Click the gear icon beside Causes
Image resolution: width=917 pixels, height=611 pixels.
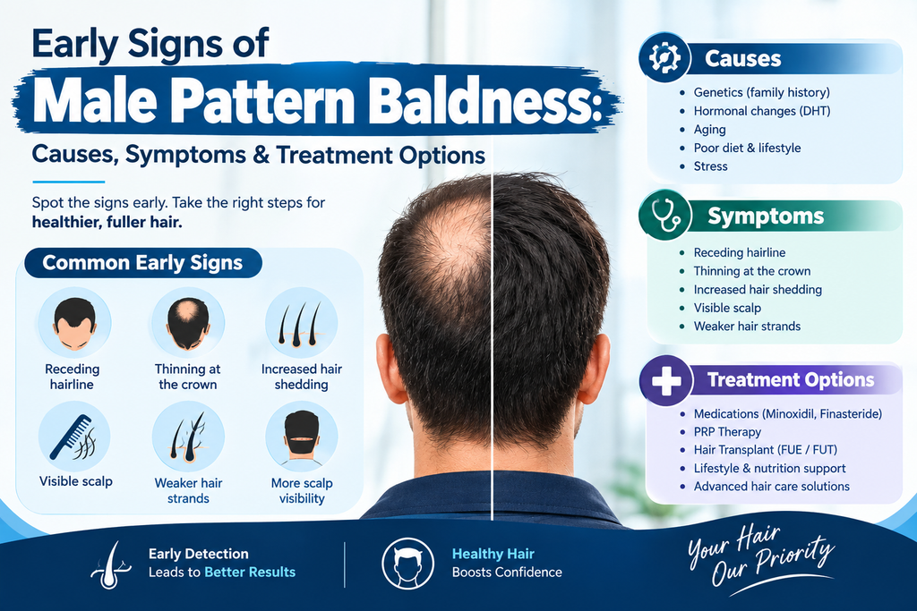[665, 58]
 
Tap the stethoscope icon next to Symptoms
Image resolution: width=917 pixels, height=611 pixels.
[665, 215]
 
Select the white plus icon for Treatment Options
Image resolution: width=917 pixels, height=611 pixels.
[666, 381]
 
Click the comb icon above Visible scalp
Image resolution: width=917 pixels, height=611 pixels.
[74, 437]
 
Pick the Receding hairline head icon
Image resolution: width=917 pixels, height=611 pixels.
[74, 323]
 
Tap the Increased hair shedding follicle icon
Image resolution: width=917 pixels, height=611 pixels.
[301, 323]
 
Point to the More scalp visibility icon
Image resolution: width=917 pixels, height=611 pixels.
[302, 437]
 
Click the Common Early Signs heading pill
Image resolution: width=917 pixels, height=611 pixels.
[143, 263]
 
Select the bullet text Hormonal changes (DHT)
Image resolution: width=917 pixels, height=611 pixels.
[761, 111]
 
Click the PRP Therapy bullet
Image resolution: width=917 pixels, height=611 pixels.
[727, 432]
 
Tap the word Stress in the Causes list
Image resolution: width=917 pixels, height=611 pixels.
[710, 166]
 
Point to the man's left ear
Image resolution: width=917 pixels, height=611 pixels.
[390, 368]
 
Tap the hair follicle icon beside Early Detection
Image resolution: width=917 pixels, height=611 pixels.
[112, 564]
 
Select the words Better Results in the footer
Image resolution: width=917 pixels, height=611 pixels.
[250, 572]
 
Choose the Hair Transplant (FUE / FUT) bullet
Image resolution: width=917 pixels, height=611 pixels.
[765, 450]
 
